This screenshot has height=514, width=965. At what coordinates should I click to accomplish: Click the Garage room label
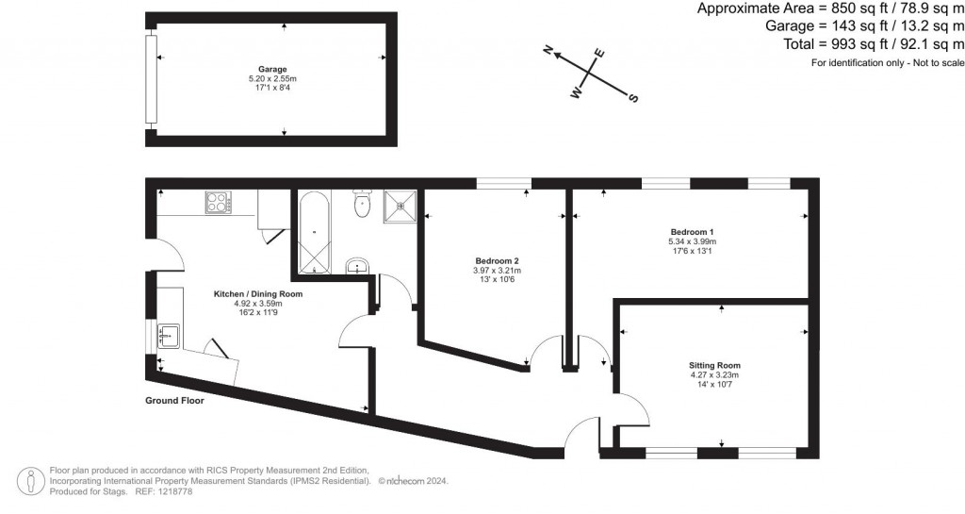(x=273, y=70)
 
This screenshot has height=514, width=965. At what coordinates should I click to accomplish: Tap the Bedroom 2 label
(x=497, y=261)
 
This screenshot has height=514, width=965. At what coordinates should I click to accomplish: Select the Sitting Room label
(x=714, y=365)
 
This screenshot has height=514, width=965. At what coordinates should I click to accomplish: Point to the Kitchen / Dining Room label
(x=257, y=294)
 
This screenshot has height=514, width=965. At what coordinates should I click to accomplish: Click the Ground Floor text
(x=174, y=400)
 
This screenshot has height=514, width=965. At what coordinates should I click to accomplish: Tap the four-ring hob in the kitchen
(x=219, y=202)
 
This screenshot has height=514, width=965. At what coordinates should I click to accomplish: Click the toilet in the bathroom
(x=362, y=205)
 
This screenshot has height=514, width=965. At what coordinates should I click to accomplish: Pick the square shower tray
(x=400, y=206)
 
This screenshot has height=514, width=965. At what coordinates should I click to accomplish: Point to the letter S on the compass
(x=633, y=97)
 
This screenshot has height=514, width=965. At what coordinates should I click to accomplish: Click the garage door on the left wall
(x=151, y=80)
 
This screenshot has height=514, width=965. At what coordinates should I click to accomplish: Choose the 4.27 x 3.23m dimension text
(x=714, y=374)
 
